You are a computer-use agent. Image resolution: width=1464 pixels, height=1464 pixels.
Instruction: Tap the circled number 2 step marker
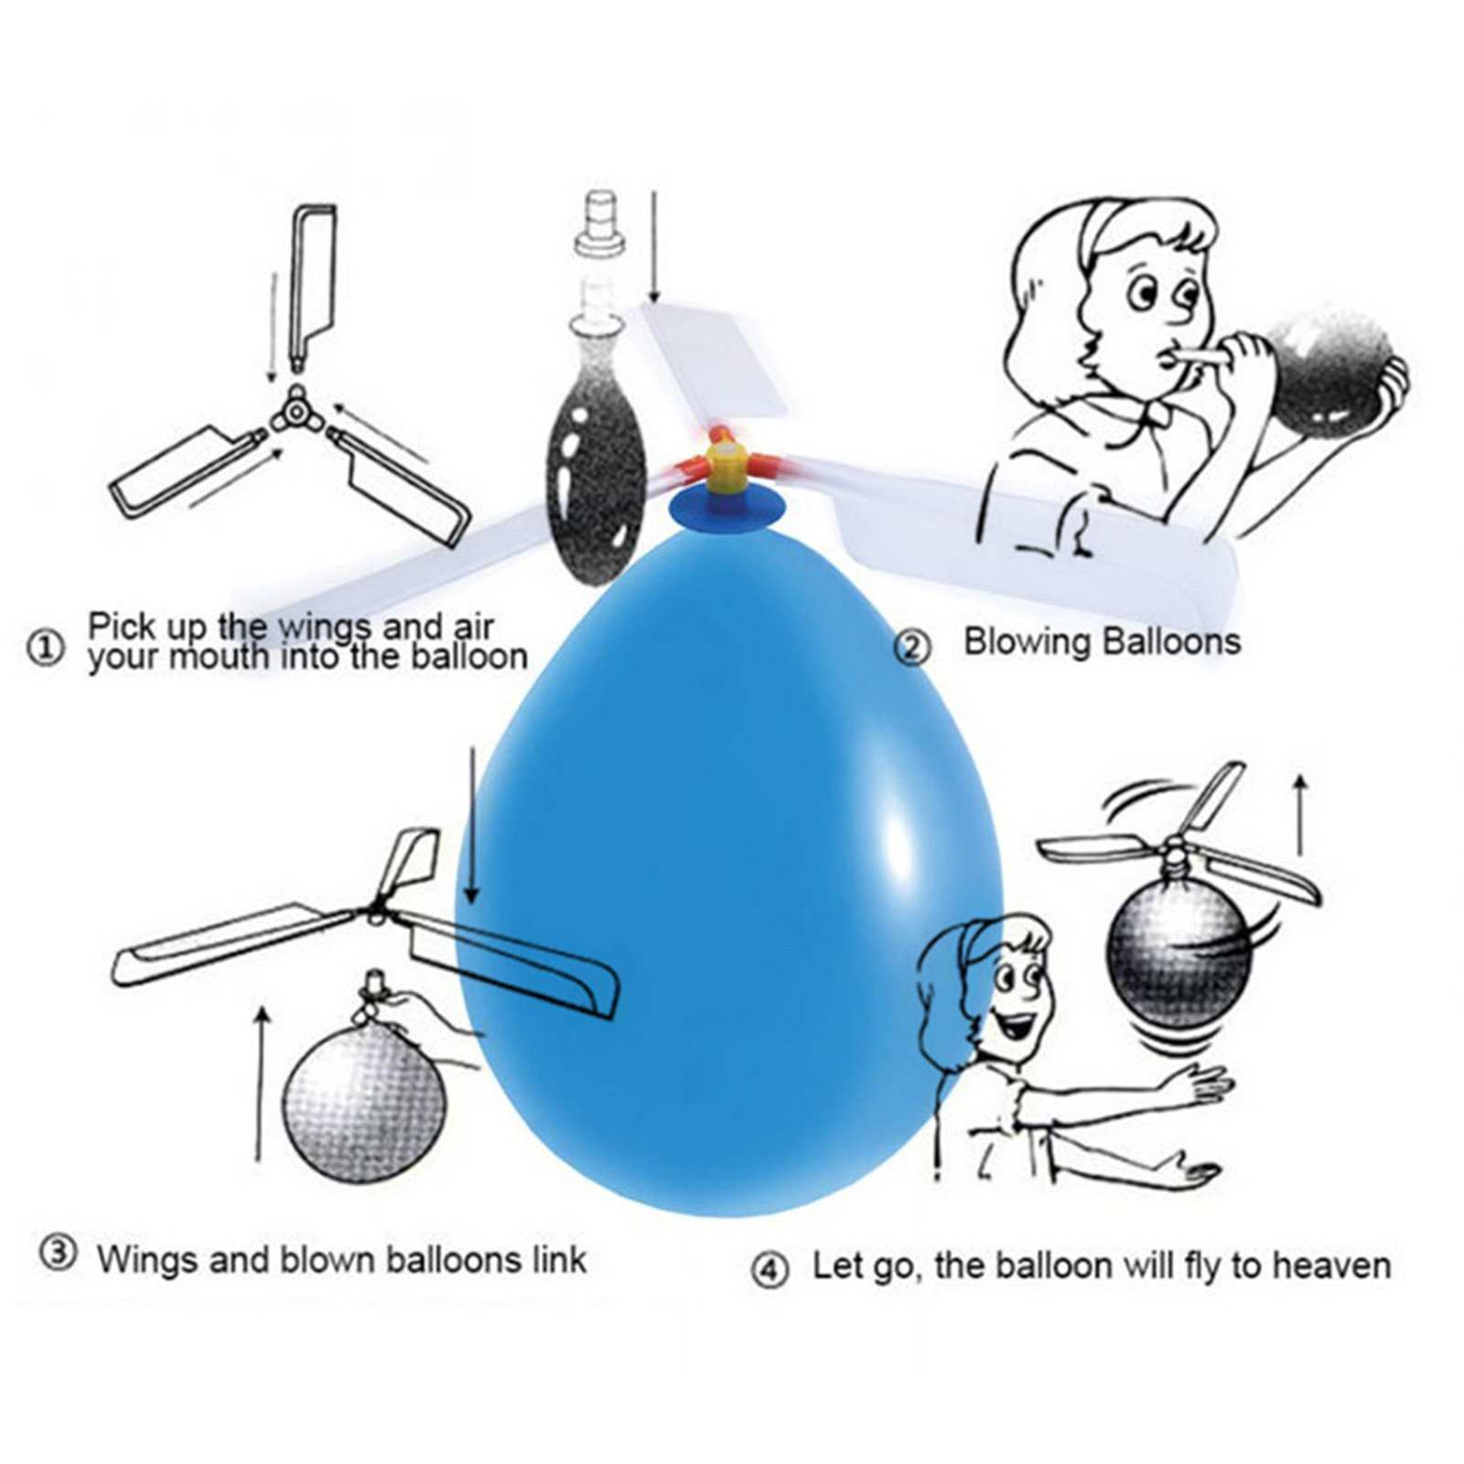pyautogui.click(x=911, y=648)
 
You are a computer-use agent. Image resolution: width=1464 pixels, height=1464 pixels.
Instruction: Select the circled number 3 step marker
pyautogui.click(x=58, y=1253)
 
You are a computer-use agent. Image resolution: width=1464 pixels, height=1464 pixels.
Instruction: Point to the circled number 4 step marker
pyautogui.click(x=770, y=1270)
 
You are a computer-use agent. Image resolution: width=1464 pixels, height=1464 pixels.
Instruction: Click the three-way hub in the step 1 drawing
pyautogui.click(x=296, y=414)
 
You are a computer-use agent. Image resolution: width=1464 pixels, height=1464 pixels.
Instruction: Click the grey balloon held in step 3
pyautogui.click(x=364, y=1102)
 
